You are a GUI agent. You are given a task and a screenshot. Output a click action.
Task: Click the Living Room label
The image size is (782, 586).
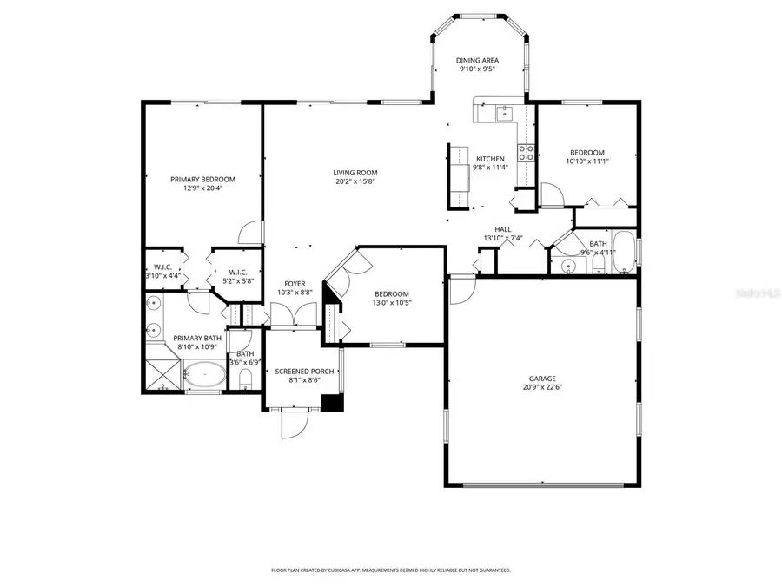(x=356, y=172)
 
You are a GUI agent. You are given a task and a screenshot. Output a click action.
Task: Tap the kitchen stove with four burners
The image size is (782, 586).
(x=526, y=153)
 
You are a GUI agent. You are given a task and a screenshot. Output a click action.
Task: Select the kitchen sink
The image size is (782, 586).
(x=503, y=112)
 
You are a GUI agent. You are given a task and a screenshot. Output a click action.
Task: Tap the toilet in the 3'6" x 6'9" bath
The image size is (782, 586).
(x=245, y=377)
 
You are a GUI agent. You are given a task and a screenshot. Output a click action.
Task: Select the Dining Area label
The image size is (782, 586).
(x=478, y=61)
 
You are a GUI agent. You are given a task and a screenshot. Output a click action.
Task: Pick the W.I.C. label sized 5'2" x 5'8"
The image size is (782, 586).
(x=238, y=272)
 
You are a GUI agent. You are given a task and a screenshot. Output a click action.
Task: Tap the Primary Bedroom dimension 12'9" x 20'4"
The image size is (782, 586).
(x=202, y=188)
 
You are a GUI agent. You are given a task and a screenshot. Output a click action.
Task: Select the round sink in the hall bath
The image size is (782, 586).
(x=567, y=265)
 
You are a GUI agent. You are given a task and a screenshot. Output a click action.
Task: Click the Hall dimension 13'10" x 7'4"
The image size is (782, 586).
(x=503, y=238)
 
